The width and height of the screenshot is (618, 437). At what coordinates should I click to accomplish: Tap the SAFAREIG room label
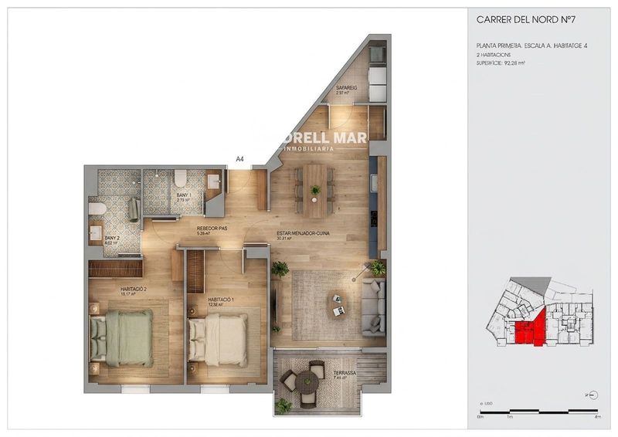click(345, 89)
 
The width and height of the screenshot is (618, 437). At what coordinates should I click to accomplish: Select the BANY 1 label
click(183, 197)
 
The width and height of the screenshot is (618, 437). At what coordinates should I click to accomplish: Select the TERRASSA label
click(345, 374)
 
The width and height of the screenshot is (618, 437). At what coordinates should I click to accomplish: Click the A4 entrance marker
click(240, 159)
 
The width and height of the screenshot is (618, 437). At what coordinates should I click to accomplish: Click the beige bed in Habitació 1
click(219, 335)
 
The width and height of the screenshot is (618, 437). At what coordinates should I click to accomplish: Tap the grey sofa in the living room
click(375, 307)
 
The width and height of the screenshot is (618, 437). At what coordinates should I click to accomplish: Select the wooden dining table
click(315, 190)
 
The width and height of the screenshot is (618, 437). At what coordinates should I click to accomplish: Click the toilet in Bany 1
click(179, 179)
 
